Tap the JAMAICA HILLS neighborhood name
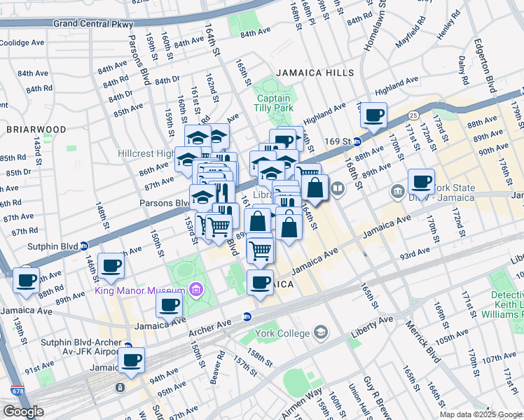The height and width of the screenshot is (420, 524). [305, 73]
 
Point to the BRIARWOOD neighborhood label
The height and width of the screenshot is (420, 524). [36, 129]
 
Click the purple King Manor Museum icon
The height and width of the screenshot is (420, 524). [195, 290]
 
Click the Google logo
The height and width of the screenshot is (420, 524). [23, 412]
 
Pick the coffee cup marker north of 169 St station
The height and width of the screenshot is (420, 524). [374, 114]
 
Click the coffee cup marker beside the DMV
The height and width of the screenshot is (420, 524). [421, 182]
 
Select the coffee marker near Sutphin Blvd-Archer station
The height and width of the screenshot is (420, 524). [131, 360]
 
